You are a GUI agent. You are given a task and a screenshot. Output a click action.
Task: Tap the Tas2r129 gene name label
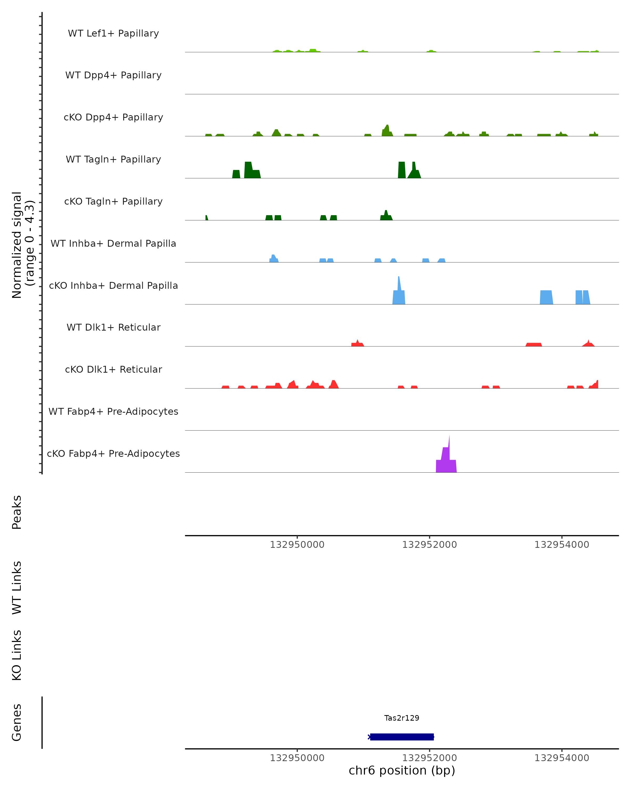point(402,718)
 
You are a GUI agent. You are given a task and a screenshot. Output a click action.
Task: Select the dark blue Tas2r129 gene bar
point(402,737)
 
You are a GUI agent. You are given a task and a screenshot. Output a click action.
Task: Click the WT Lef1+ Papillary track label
point(113,33)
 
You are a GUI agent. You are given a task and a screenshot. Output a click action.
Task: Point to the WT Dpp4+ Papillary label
point(113,75)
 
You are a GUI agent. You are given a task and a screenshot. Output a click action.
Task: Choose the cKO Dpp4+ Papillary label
point(113,118)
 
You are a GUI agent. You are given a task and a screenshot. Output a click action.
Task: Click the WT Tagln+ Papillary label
point(113,160)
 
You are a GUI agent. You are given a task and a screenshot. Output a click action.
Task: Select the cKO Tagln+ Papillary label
point(113,202)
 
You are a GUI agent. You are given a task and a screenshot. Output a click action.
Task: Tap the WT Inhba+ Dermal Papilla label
point(113,244)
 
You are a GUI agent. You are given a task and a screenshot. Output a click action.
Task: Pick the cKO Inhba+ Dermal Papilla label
point(113,286)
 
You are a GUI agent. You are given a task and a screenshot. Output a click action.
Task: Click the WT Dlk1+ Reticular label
point(113,327)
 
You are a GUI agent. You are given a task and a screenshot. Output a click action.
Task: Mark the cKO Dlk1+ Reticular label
point(113,370)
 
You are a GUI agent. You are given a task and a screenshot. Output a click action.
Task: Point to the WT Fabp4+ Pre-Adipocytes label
point(113,412)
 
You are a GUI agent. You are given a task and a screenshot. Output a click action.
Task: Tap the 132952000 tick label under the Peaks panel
point(429,545)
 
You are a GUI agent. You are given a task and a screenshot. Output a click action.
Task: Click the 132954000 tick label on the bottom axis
point(562,758)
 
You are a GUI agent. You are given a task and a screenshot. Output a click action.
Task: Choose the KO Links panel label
point(17,655)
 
